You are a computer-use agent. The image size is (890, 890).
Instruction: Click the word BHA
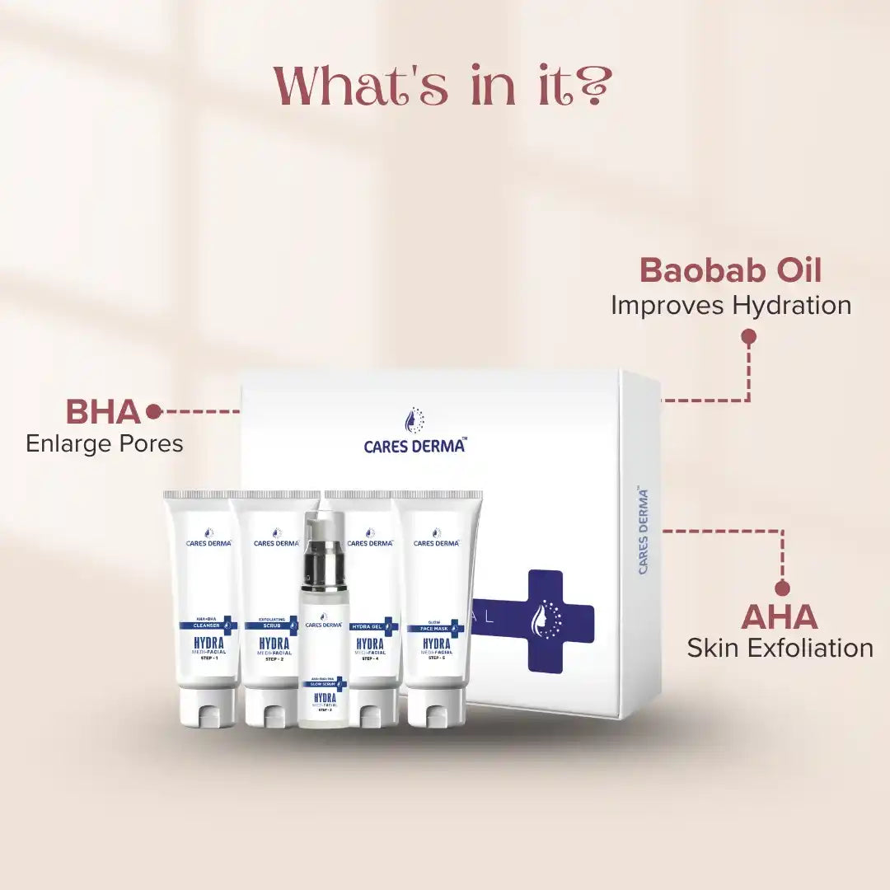point(102,411)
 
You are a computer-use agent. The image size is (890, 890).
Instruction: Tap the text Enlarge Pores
point(104,444)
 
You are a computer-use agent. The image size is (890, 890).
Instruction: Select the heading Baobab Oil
point(730,270)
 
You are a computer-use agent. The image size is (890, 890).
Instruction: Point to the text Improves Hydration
point(730,305)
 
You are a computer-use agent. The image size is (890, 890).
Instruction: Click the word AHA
point(779,617)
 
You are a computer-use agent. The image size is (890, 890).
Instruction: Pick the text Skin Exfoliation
point(780,648)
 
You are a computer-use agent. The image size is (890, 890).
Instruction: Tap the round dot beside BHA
point(152,410)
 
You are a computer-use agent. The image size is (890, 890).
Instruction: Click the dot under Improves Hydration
point(748,336)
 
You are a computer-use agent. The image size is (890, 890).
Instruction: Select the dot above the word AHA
point(782,588)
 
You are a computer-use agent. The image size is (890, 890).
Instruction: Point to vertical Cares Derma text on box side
point(644,531)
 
